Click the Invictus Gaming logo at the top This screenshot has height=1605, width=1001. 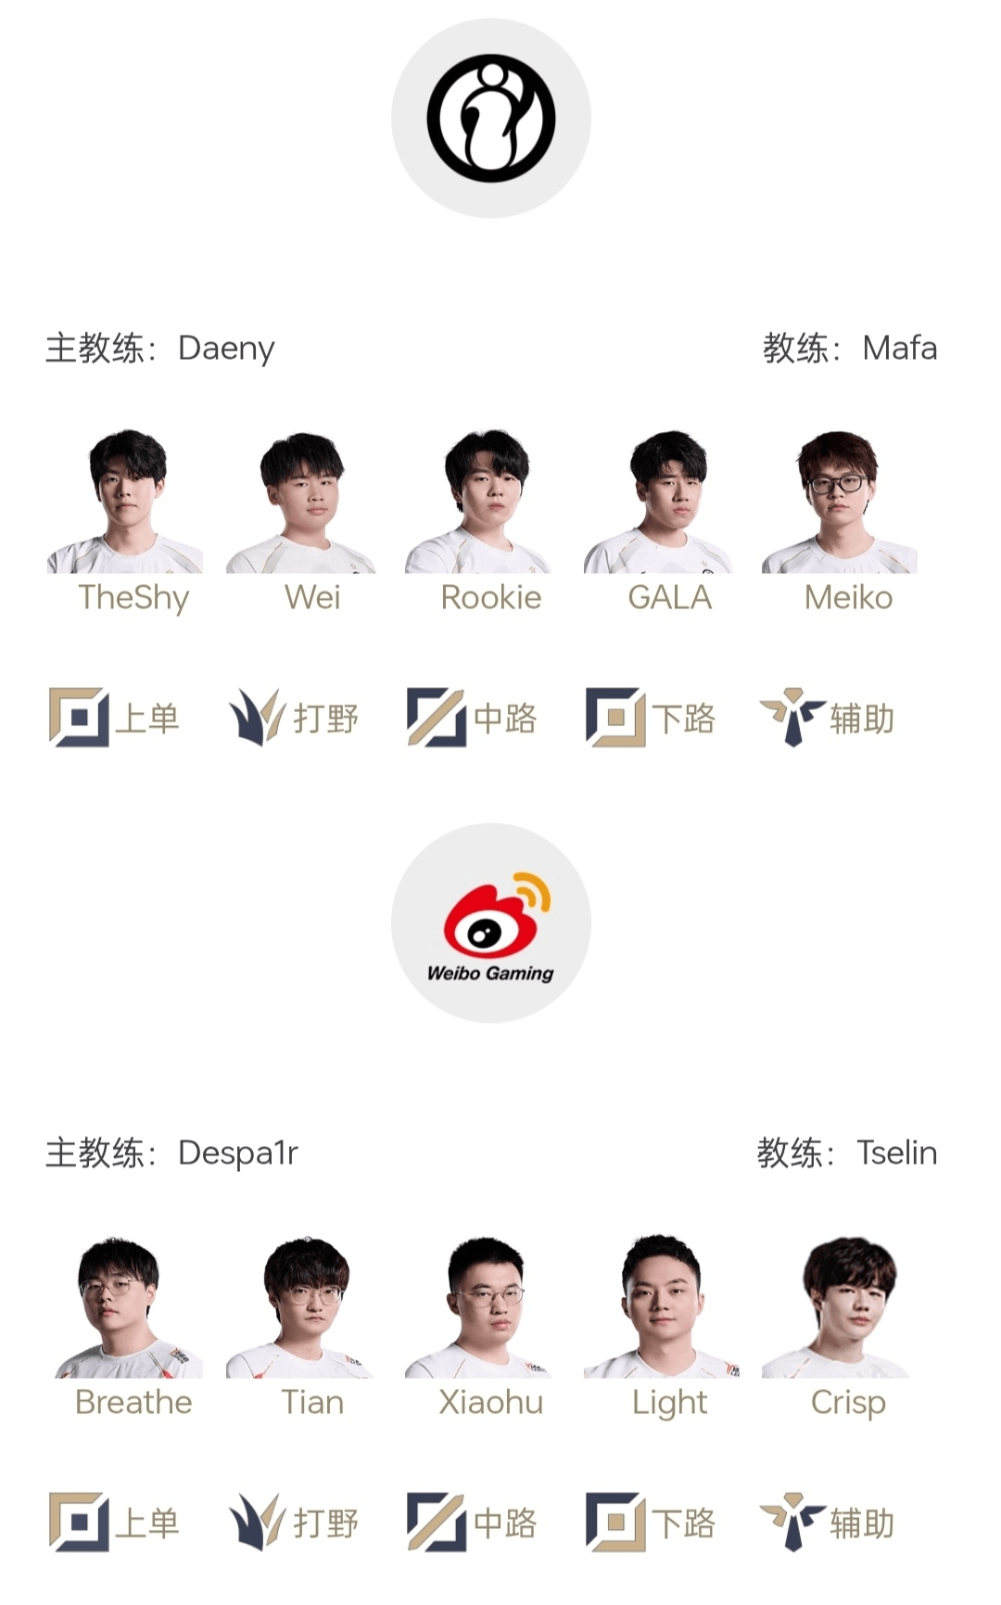tap(490, 119)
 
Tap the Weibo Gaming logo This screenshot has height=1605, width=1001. tap(490, 924)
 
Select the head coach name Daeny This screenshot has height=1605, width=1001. tap(226, 349)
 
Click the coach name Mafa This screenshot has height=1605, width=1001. tap(899, 349)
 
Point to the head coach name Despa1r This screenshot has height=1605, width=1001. tap(238, 1153)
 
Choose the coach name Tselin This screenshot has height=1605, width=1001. tap(896, 1153)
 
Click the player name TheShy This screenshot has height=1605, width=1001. tap(133, 598)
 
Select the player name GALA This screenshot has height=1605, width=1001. tap(669, 597)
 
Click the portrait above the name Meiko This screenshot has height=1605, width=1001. tap(839, 502)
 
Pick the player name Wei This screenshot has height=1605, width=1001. tap(312, 597)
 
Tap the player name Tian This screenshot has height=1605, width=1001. tap(312, 1402)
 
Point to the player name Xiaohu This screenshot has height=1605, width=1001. tap(490, 1402)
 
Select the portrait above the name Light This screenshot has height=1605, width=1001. tap(661, 1306)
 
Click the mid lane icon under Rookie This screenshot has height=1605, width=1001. tap(436, 717)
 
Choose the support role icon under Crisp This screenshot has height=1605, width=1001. tap(792, 1522)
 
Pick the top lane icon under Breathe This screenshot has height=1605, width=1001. tap(79, 1522)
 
